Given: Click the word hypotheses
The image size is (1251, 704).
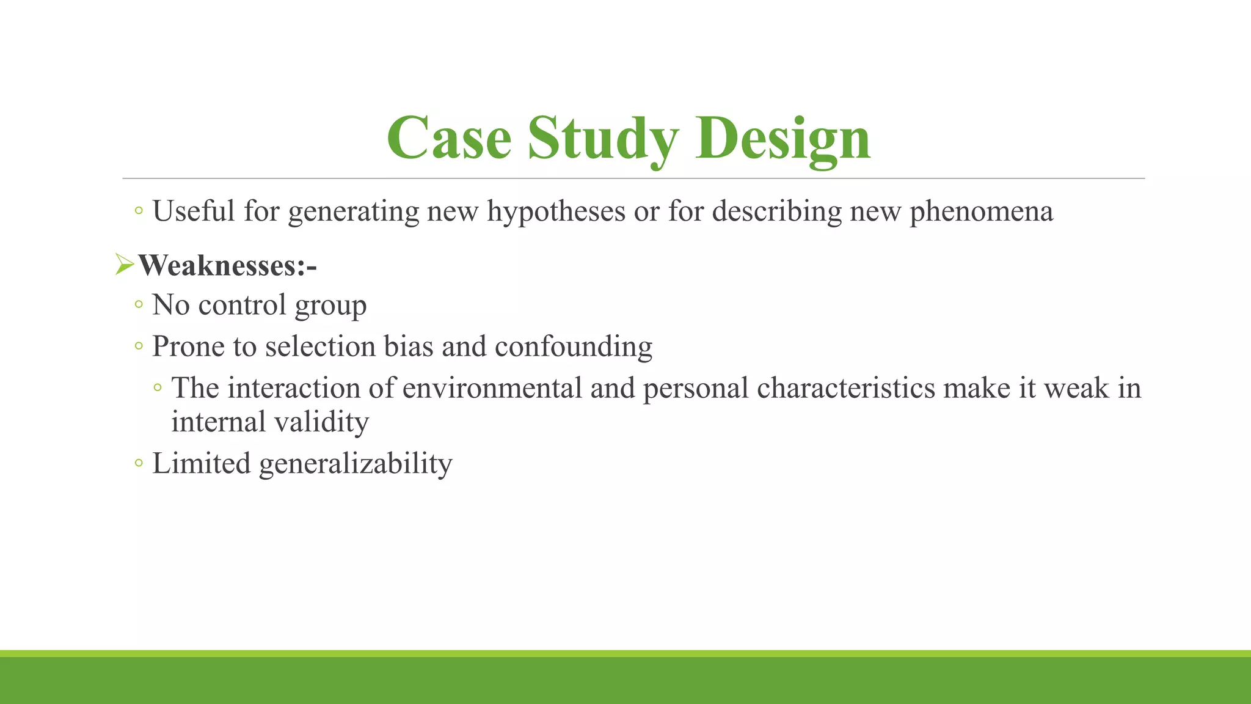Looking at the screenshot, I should [x=556, y=211].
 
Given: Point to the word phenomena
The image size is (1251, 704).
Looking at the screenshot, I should [x=981, y=211].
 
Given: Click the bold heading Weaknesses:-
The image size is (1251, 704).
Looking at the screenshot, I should [x=227, y=266].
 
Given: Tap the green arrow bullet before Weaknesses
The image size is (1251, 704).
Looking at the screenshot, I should [x=124, y=265].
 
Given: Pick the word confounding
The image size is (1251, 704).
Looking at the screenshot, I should [x=573, y=346].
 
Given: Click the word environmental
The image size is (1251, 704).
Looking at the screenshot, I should [x=492, y=388].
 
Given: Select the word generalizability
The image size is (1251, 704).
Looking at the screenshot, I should [x=356, y=464].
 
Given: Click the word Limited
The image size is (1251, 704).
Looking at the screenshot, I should [x=201, y=463].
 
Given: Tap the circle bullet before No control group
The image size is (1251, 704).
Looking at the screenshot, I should [x=139, y=304].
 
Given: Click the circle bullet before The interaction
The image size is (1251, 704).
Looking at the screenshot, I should [x=158, y=387].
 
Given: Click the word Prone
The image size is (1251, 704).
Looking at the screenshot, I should [x=188, y=346].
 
